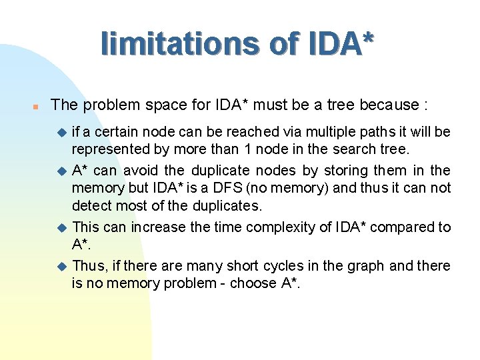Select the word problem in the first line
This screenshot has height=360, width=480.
108,105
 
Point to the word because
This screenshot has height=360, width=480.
389,105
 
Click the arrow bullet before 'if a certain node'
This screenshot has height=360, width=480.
62,133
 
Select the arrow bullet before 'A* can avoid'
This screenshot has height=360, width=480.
62,171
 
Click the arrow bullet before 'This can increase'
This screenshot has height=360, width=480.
62,227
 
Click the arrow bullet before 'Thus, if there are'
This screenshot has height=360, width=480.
62,266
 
